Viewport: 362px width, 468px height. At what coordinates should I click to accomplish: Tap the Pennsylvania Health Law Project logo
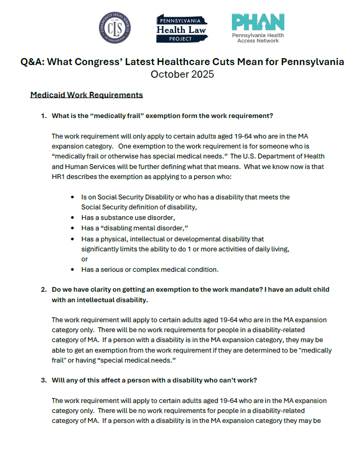(182, 29)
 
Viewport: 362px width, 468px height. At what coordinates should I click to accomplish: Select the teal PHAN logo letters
(258, 23)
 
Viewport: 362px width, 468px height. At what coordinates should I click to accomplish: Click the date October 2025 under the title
(182, 74)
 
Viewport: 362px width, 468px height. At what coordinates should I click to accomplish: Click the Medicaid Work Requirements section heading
(87, 95)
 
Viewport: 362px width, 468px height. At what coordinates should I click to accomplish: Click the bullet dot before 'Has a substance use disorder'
(72, 217)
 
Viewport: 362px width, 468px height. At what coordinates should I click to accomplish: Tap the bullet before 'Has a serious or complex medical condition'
(72, 270)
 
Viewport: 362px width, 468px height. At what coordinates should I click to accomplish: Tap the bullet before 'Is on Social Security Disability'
(72, 197)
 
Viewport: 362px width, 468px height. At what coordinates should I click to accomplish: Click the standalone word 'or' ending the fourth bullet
(84, 259)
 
